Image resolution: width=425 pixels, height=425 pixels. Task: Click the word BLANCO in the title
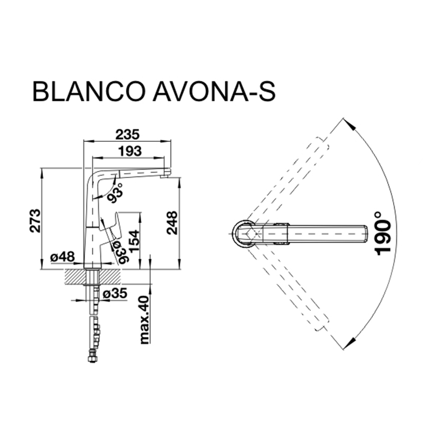click(88, 91)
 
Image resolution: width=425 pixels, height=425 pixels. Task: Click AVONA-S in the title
click(215, 91)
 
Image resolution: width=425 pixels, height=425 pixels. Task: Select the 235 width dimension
click(127, 135)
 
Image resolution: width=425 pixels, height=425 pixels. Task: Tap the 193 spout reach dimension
click(130, 151)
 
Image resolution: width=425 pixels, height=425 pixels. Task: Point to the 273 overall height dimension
click(35, 220)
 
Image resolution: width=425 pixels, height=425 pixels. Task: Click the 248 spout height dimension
click(172, 223)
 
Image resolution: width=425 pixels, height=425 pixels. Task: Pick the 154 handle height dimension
click(134, 241)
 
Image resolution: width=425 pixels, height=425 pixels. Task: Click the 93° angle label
click(115, 193)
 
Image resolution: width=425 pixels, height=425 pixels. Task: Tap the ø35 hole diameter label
click(115, 293)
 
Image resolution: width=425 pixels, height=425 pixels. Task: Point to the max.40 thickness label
click(144, 320)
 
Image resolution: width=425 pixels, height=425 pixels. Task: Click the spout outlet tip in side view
click(165, 176)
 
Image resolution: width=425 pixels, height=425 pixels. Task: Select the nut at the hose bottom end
click(92, 358)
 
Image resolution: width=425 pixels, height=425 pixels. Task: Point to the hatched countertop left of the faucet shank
click(74, 276)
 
